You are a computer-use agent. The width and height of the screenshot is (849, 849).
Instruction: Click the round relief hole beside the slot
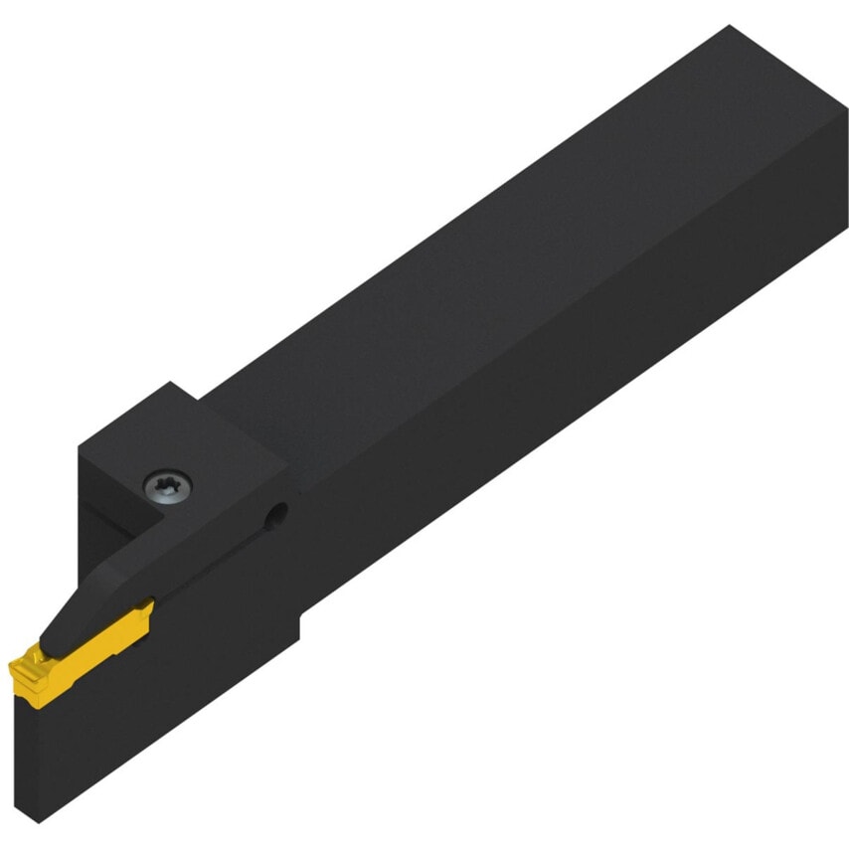[279, 512]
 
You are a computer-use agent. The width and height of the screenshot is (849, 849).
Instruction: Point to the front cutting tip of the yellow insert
[18, 665]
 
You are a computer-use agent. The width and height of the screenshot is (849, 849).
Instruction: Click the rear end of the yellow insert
[149, 608]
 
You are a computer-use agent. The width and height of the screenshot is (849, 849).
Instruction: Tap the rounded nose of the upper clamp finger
[50, 636]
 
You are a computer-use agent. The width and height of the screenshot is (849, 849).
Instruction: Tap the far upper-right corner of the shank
[731, 27]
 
